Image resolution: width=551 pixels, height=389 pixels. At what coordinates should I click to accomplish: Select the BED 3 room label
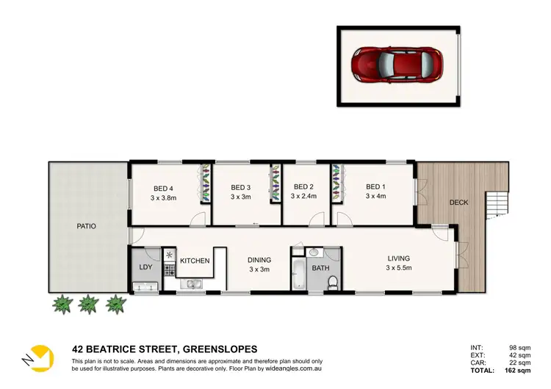(241, 187)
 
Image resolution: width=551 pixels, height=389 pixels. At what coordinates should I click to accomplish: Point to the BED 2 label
(303, 187)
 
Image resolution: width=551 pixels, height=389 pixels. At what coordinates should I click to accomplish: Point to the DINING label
(259, 260)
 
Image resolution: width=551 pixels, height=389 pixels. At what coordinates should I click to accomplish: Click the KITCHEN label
(195, 261)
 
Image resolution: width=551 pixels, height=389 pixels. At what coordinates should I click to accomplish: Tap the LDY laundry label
(145, 266)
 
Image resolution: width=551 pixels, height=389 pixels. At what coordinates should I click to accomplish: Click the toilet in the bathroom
(332, 282)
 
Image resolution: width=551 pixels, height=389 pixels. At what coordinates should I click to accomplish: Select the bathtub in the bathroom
(298, 274)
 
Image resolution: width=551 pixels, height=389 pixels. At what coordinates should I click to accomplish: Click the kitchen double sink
(194, 283)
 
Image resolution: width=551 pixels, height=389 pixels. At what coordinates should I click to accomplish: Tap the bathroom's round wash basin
(314, 253)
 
